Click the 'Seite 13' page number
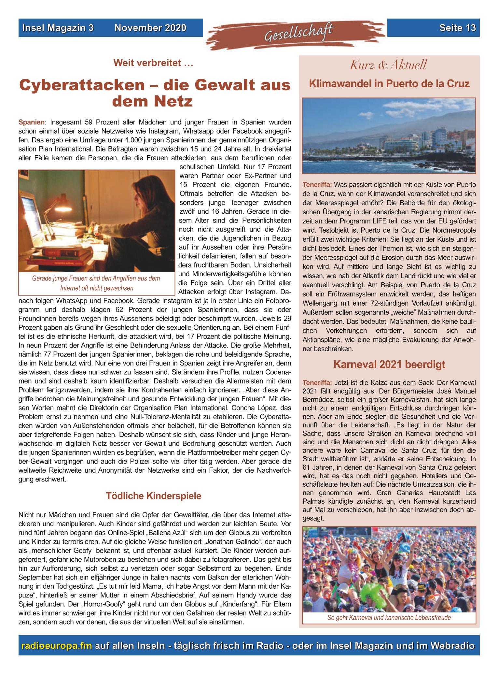click(x=457, y=28)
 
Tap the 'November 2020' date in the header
click(x=150, y=28)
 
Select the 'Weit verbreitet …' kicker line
click(x=153, y=63)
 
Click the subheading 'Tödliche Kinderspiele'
click(x=153, y=496)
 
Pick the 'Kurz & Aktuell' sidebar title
click(x=388, y=65)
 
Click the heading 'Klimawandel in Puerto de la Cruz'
click(x=389, y=84)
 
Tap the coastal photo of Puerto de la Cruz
click(x=389, y=136)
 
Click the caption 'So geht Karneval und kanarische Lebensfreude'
click(x=389, y=617)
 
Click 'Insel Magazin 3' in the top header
click(x=58, y=28)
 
